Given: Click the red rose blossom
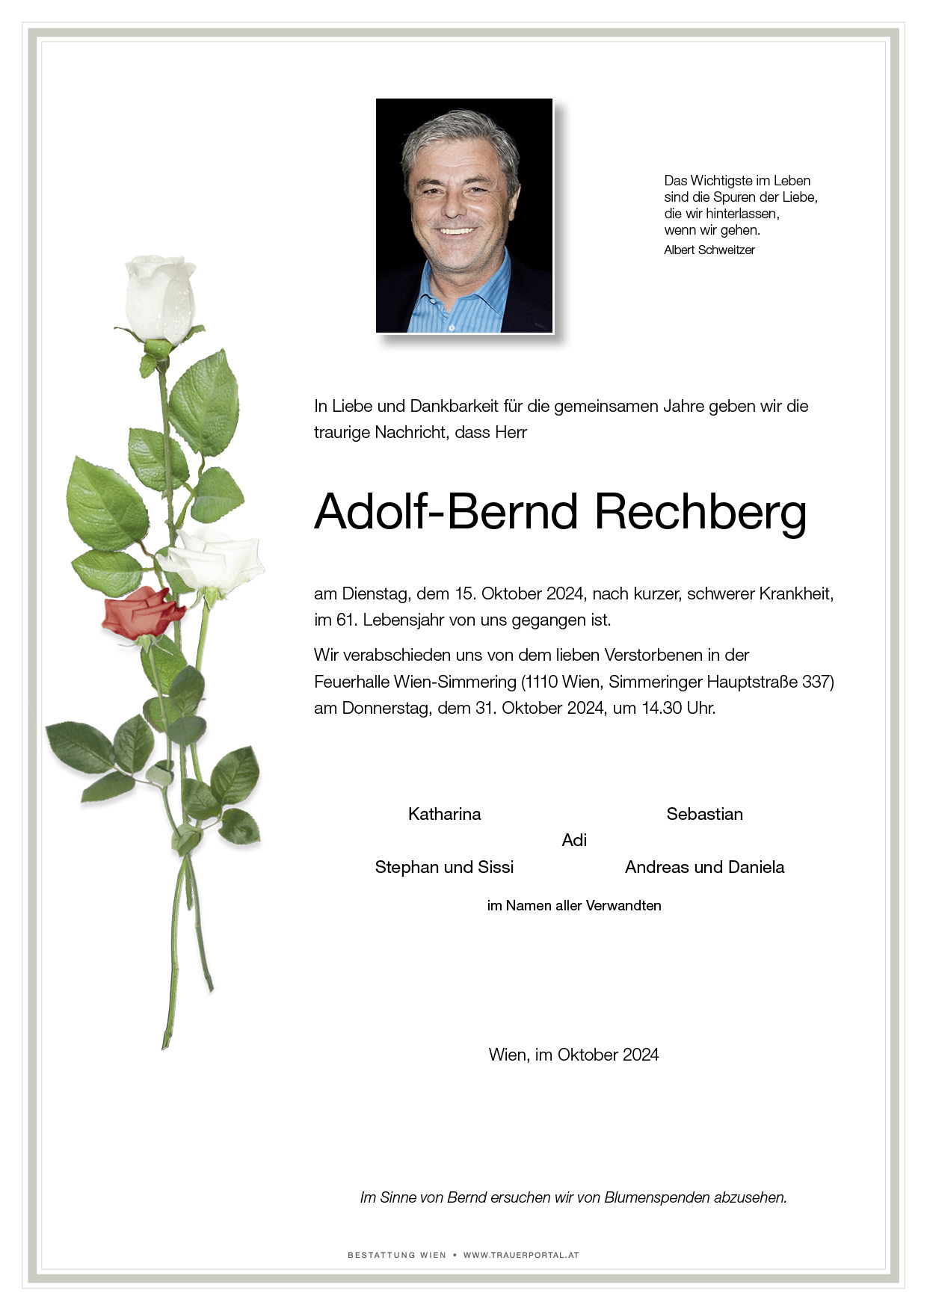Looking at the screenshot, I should [x=141, y=611].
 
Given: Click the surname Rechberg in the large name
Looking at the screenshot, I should [x=700, y=513].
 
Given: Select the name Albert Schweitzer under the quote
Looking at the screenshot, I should [x=709, y=250].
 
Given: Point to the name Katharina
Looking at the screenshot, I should [x=444, y=814].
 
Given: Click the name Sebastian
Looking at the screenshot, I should [x=704, y=814].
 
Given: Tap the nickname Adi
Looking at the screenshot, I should [x=573, y=840].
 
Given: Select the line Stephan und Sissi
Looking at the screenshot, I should [x=444, y=867].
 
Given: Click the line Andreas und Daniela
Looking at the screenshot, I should [x=704, y=867].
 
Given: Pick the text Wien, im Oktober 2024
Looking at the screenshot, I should [x=573, y=1055].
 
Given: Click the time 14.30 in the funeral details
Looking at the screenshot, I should [x=662, y=708].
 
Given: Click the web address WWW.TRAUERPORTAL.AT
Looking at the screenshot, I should [x=521, y=1255].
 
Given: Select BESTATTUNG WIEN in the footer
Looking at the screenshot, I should [x=396, y=1255].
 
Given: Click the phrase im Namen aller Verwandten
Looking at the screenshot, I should [x=573, y=906].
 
